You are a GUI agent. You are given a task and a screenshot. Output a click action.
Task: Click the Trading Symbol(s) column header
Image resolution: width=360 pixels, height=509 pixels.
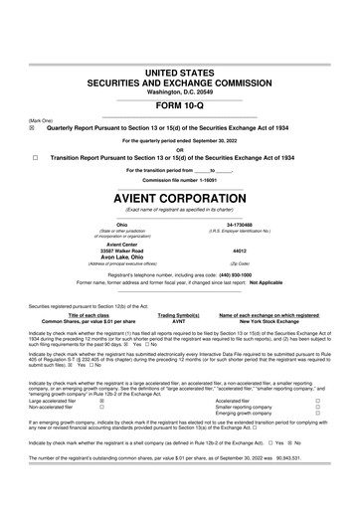pyautogui.click(x=179, y=317)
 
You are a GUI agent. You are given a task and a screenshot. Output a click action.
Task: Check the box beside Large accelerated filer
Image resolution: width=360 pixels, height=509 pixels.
pyautogui.click(x=101, y=401)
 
